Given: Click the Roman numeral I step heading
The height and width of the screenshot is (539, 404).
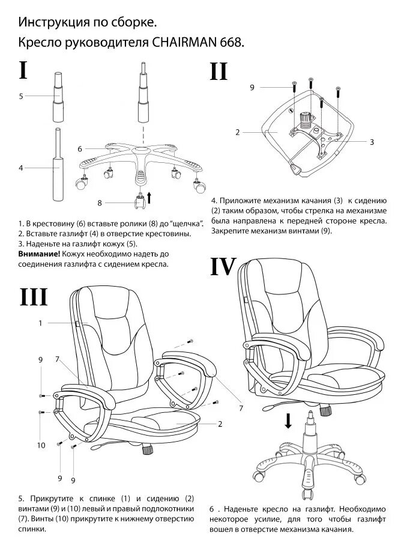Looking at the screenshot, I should click(x=23, y=70).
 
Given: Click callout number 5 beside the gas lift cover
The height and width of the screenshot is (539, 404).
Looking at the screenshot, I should click(x=21, y=96).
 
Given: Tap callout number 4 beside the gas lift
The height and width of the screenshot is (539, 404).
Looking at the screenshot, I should click(x=20, y=168).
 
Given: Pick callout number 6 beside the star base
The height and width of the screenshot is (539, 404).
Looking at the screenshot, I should click(x=79, y=148).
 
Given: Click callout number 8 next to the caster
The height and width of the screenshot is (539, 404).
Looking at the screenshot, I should click(x=100, y=202).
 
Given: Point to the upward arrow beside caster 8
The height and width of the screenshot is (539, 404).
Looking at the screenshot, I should click(x=149, y=197).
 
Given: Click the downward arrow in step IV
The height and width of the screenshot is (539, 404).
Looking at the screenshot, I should click(x=289, y=421).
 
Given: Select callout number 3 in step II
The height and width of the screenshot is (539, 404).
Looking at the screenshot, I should click(x=372, y=142).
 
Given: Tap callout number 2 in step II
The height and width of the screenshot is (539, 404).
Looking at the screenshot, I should click(x=238, y=132).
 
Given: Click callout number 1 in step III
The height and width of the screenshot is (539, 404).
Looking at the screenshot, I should click(x=40, y=323).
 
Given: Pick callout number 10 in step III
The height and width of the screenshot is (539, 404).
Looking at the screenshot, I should click(x=41, y=445).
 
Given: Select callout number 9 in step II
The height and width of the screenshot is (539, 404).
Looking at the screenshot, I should click(x=252, y=88).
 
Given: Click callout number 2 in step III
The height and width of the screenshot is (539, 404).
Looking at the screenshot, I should click(x=220, y=424).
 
